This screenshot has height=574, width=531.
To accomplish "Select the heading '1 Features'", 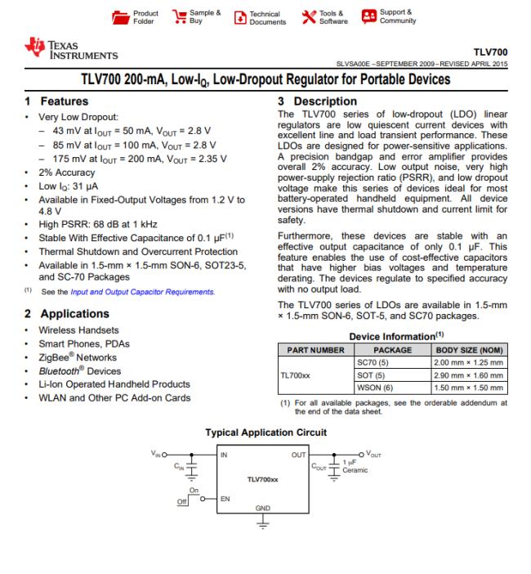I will click(x=56, y=102).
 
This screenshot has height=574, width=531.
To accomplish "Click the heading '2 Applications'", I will click(x=67, y=313).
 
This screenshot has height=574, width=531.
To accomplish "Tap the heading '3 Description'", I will click(x=313, y=102).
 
